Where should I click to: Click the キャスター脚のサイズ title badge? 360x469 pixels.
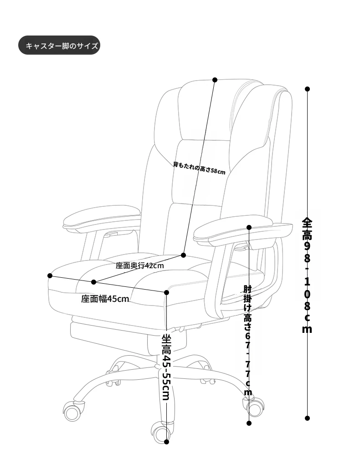tap(59, 46)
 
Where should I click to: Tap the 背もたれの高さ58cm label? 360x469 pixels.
tap(199, 168)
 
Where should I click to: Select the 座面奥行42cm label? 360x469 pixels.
tap(140, 265)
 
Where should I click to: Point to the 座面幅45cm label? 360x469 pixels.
tap(105, 299)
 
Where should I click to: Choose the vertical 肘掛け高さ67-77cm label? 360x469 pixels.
tap(248, 341)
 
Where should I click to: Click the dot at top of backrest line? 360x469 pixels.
tap(215, 80)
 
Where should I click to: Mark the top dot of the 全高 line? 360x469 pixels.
tap(307, 89)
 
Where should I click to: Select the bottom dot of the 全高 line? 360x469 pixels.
tap(307, 418)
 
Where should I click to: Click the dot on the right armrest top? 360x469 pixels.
tap(249, 227)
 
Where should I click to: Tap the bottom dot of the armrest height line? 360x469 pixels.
tap(249, 423)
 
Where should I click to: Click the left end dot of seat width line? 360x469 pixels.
tap(50, 275)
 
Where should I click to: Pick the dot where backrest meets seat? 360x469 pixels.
tap(184, 255)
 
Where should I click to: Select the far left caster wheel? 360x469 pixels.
tap(73, 412)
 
